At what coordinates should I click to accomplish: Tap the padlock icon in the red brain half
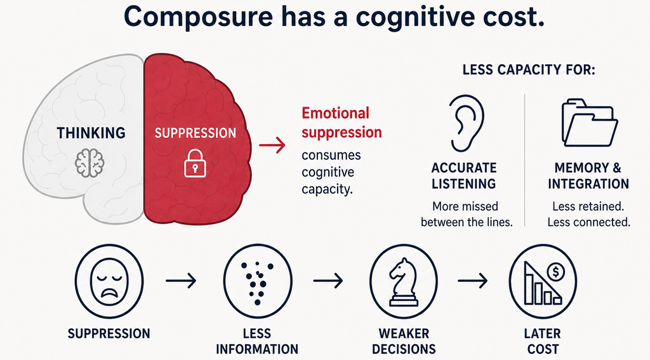tap(195, 163)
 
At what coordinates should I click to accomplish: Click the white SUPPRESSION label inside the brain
tap(196, 133)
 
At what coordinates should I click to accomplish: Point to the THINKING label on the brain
tap(91, 133)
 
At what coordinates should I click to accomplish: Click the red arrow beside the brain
tap(272, 145)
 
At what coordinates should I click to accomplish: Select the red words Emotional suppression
tap(342, 123)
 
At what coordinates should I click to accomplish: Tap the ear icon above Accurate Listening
tap(466, 124)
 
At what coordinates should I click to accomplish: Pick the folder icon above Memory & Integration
tap(590, 123)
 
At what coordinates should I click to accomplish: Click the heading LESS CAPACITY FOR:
tap(529, 70)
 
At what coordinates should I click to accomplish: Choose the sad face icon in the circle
tap(109, 281)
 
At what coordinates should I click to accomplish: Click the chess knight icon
tap(404, 283)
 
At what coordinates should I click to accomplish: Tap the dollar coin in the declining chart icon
tap(555, 272)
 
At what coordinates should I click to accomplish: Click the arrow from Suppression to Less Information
tap(181, 281)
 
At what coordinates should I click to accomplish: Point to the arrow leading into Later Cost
tap(472, 281)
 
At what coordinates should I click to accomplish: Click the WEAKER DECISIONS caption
tap(404, 342)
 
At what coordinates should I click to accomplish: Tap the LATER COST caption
tap(542, 342)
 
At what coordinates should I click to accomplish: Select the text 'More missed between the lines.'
tap(467, 215)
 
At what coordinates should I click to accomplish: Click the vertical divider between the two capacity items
tap(525, 160)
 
